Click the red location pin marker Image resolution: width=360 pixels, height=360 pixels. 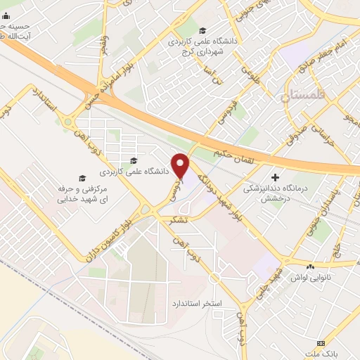tap(181, 165)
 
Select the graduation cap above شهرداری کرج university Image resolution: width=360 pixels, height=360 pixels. tap(202, 30)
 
